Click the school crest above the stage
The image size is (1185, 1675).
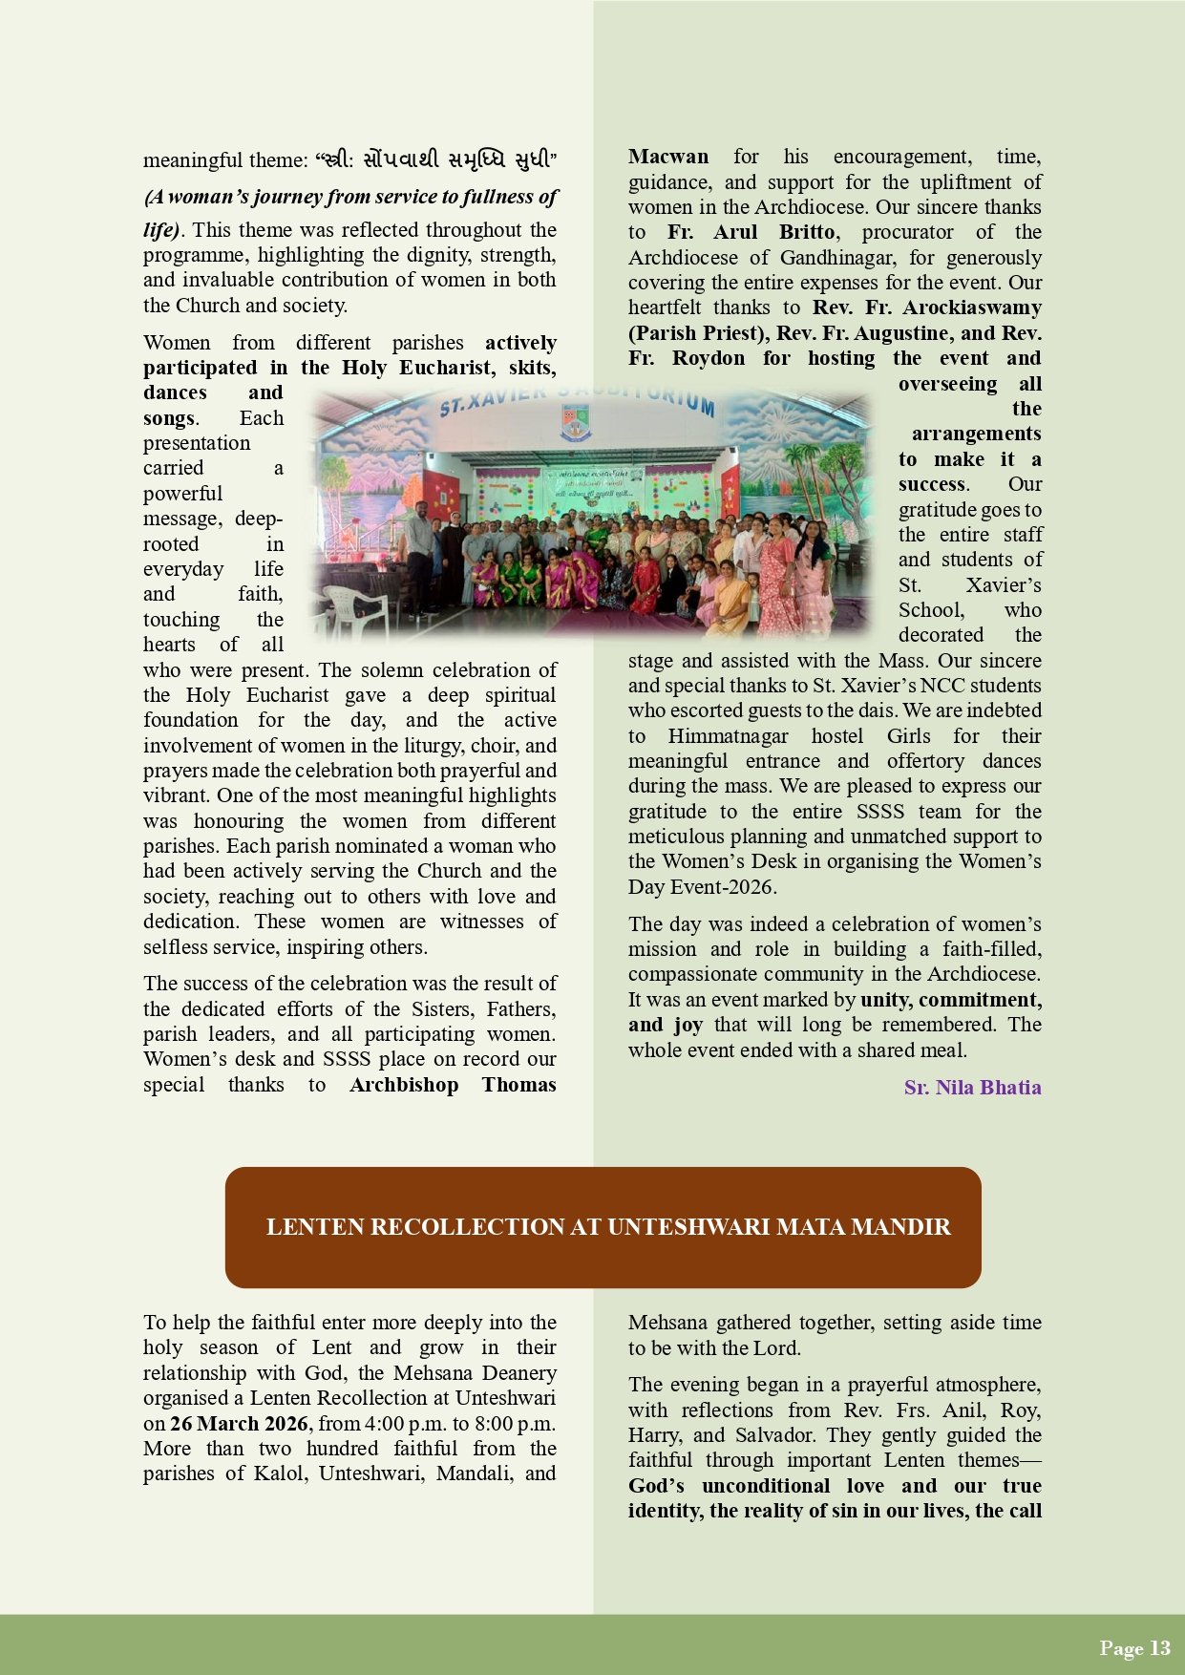tap(575, 420)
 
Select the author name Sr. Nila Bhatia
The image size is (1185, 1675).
tap(972, 1088)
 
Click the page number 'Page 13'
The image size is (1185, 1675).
tap(1134, 1647)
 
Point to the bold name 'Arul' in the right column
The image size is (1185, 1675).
tap(735, 232)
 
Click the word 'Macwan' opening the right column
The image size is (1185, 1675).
tap(668, 157)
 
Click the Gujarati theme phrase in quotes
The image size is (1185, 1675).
tap(435, 160)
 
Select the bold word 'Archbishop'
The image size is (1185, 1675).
tap(404, 1085)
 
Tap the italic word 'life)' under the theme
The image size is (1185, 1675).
tap(161, 230)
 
